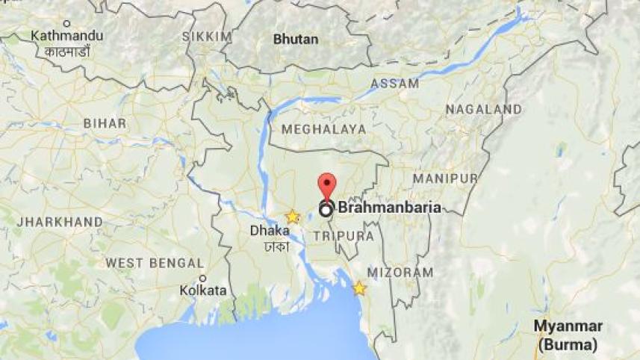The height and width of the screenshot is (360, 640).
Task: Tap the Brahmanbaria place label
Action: coord(389,208)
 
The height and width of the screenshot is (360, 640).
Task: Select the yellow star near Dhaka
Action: coord(292,217)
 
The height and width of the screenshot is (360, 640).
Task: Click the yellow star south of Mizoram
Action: coord(359,288)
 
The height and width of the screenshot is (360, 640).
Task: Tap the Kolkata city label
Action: coord(202,290)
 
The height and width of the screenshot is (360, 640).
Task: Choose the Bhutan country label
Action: coord(296,39)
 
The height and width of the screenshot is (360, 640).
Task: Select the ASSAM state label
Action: coord(394,84)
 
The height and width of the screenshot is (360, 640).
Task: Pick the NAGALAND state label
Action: coord(483,109)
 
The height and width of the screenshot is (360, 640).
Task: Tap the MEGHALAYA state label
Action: coord(323,129)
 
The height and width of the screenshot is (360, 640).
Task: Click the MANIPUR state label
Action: coord(444,179)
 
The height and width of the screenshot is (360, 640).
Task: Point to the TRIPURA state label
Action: coord(344,235)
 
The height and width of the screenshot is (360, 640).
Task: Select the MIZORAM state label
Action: coord(400,273)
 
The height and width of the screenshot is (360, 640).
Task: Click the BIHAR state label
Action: coord(105,122)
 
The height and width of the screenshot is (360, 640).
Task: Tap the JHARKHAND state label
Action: coord(60,222)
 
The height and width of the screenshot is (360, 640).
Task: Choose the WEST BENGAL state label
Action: coord(155,263)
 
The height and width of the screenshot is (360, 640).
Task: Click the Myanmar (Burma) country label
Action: coord(568,335)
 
